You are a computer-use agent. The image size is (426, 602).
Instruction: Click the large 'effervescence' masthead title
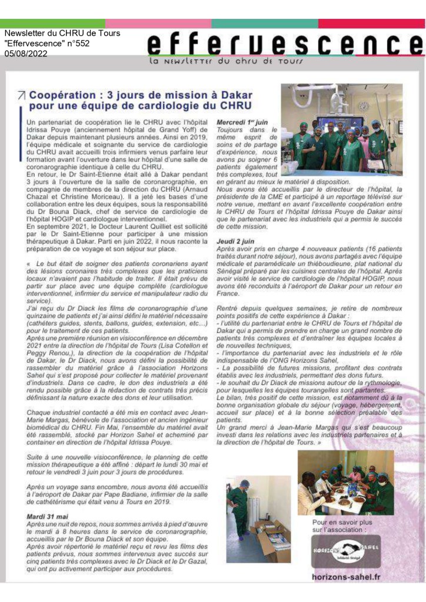(285, 44)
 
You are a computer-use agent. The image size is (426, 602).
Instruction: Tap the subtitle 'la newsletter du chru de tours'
(227, 61)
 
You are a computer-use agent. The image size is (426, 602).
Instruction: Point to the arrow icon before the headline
(22, 95)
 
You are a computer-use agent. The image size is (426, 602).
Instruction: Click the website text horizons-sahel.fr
(345, 576)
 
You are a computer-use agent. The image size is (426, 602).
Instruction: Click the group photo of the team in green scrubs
(341, 129)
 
